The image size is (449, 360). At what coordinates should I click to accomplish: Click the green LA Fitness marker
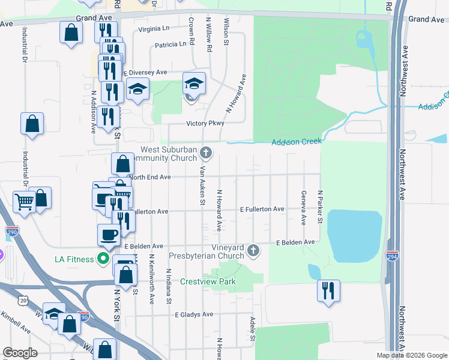click(104, 259)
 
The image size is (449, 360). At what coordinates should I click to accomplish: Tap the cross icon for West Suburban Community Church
click(206, 152)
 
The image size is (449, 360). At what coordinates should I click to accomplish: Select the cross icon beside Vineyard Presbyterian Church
click(253, 250)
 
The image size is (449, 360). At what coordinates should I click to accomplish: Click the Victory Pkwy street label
click(205, 123)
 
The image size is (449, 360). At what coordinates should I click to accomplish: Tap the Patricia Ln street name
click(170, 44)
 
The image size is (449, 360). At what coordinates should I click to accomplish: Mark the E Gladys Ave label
click(194, 314)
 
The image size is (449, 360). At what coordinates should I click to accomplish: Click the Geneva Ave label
click(303, 208)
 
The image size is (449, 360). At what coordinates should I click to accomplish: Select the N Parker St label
click(321, 208)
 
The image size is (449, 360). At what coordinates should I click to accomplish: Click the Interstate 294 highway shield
click(392, 256)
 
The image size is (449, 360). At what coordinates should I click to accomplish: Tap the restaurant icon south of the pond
click(328, 290)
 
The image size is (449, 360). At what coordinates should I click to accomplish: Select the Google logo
click(20, 353)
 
